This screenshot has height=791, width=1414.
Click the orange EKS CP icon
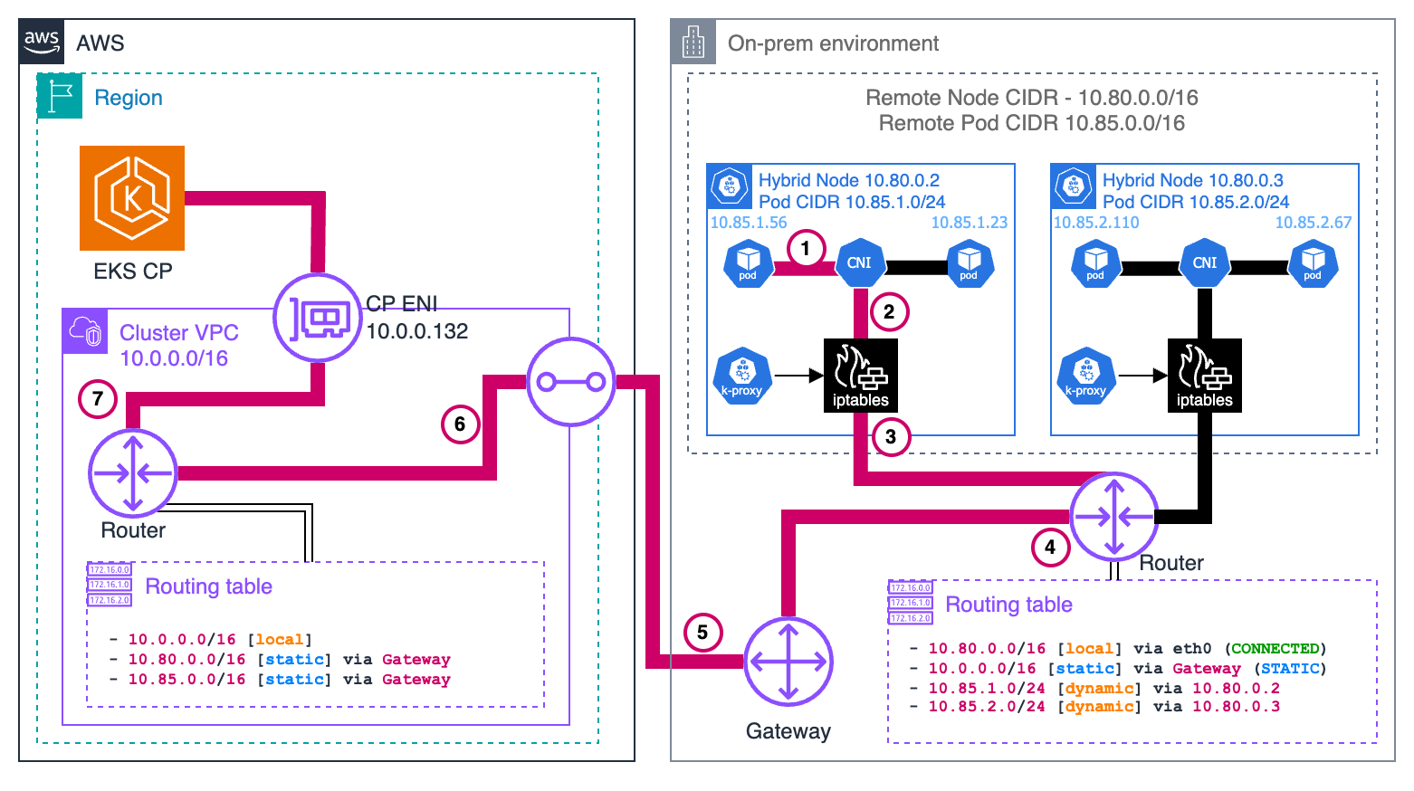(132, 198)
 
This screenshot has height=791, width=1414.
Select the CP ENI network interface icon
(318, 318)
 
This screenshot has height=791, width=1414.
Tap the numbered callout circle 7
(98, 399)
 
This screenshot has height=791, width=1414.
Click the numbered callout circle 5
(702, 632)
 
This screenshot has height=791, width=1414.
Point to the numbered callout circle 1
(806, 248)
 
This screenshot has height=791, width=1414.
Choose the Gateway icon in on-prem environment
(788, 662)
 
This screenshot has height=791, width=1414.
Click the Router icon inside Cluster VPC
(133, 473)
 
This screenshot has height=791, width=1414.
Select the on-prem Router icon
(1113, 517)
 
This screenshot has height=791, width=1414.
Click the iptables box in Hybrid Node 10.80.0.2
(860, 376)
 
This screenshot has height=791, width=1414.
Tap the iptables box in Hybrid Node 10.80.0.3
(1204, 376)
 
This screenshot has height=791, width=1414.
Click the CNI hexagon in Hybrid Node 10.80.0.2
(859, 263)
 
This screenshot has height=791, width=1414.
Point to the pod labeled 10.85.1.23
(970, 263)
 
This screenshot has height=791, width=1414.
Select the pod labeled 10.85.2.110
(1095, 263)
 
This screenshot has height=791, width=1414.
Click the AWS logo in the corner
(42, 42)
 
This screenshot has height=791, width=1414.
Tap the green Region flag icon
(60, 97)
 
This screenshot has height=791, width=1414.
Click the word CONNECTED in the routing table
(1275, 649)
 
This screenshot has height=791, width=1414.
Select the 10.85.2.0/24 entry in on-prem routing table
(987, 707)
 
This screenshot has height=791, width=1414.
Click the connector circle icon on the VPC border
(571, 382)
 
